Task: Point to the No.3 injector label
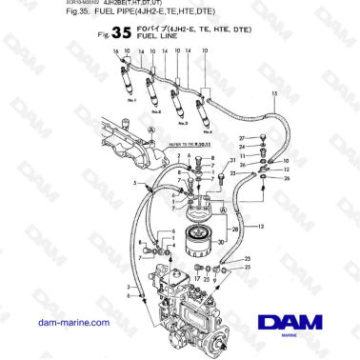(x=178, y=120)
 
